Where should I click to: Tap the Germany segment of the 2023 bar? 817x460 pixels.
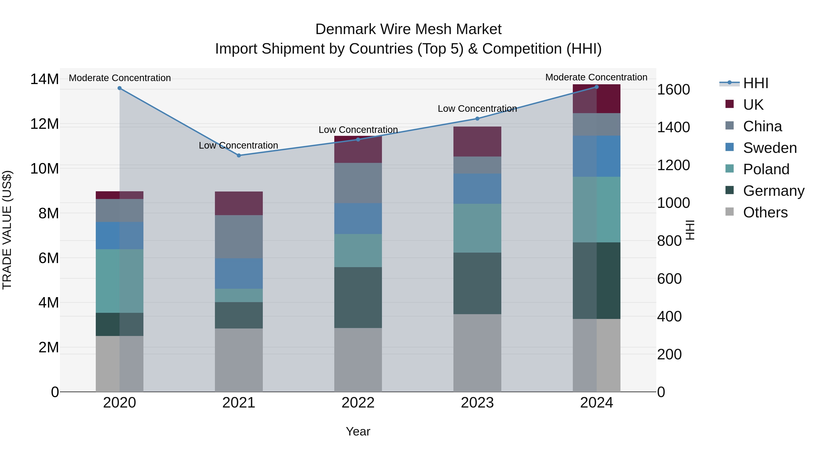(477, 283)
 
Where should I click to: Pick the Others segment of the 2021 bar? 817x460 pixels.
(239, 360)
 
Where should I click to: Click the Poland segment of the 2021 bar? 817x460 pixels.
(239, 296)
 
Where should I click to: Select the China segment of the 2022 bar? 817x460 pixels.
(358, 183)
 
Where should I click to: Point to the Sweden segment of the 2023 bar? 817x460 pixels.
(477, 189)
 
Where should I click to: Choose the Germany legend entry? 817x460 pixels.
(773, 191)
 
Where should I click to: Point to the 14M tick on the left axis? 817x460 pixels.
(44, 79)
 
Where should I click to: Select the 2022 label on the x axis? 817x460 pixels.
(358, 403)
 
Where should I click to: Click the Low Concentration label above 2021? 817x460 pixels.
(239, 145)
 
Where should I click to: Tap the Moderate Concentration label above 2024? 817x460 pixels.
(596, 77)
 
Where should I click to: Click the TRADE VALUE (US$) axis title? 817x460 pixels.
(7, 230)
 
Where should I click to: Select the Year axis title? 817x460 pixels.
(358, 431)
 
